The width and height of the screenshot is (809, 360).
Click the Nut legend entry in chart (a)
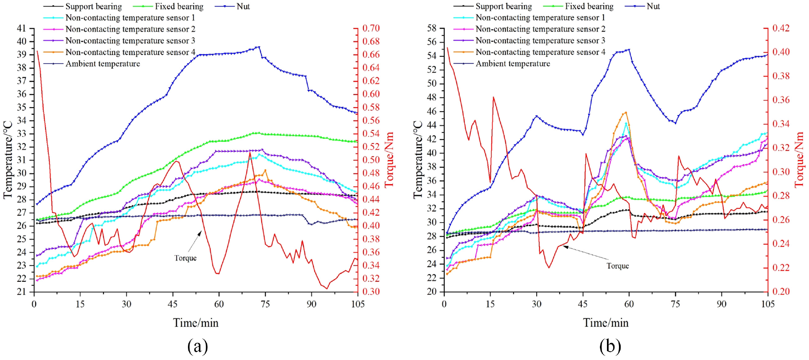(243, 7)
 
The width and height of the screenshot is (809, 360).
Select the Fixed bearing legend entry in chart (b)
(589, 7)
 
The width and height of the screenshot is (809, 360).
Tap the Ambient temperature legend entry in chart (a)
(102, 64)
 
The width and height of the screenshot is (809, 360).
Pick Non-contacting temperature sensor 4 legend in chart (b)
(540, 52)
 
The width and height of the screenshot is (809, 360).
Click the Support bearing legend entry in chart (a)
(93, 7)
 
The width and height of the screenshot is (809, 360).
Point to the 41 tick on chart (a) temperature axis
(21, 29)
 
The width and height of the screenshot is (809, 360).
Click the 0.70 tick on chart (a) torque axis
(371, 29)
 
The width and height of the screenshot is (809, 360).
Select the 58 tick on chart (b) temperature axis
(432, 29)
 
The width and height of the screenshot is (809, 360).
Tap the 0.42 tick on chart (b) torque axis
(781, 29)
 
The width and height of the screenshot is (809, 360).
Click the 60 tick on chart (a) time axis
(219, 304)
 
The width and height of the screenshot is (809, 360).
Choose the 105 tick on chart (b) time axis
(768, 304)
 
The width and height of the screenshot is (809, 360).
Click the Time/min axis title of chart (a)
(195, 323)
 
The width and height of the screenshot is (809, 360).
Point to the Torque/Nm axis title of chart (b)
(799, 159)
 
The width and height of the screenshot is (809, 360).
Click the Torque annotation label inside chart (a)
(185, 258)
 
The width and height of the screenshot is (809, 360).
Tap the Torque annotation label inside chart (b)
(617, 266)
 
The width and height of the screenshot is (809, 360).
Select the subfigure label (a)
(197, 346)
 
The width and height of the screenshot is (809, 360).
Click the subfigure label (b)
(610, 346)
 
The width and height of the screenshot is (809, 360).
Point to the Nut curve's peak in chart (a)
(259, 47)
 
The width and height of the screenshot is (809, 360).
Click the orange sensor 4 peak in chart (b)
(626, 112)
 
